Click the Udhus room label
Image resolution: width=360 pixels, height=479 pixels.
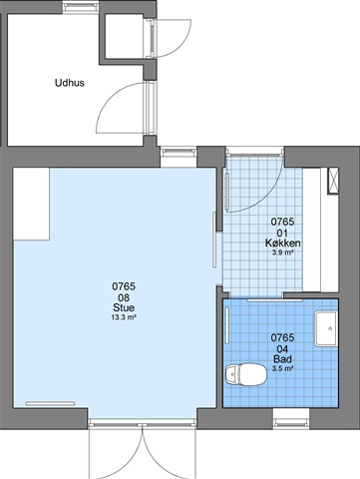click(70, 83)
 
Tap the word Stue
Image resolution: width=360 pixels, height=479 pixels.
click(124, 307)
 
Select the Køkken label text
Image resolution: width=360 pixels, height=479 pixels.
click(283, 243)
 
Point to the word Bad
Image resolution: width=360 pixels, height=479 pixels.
click(282, 359)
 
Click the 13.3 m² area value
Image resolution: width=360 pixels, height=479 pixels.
click(124, 317)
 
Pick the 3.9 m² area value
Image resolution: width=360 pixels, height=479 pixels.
click(282, 252)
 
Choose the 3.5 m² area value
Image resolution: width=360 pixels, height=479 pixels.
click(282, 368)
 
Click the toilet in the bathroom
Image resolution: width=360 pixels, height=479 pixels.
click(246, 374)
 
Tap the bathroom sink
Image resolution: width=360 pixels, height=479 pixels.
click(326, 328)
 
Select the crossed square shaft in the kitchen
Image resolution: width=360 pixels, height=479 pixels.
click(333, 181)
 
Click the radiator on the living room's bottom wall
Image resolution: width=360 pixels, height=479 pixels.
click(50, 403)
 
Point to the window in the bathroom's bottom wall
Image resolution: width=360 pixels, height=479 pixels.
click(291, 418)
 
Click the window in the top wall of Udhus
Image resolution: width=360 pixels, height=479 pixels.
click(81, 7)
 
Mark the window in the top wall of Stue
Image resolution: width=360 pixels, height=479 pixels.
click(179, 157)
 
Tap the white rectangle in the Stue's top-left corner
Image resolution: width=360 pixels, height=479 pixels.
click(31, 204)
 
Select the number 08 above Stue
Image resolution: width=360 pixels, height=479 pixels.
click(124, 297)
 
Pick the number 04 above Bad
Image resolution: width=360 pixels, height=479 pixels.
click(282, 349)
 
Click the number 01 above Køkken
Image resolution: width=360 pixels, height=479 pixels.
click(282, 233)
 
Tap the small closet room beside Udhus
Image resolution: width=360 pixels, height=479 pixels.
click(124, 36)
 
